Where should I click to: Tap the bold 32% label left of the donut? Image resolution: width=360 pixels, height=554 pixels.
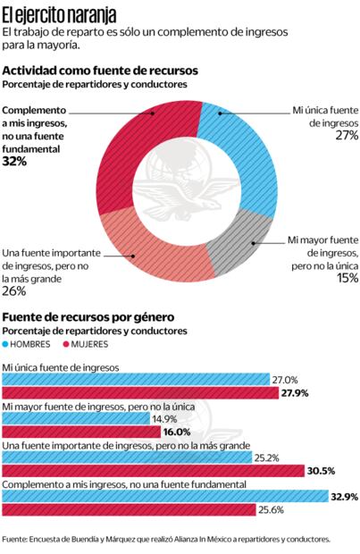tap(14, 162)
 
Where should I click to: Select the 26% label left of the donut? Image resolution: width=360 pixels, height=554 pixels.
tap(14, 290)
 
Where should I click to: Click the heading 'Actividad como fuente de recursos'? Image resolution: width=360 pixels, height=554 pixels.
tap(100, 70)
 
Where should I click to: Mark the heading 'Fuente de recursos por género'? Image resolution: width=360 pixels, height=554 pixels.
tap(88, 317)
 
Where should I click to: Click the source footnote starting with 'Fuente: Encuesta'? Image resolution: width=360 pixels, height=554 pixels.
tap(166, 539)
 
